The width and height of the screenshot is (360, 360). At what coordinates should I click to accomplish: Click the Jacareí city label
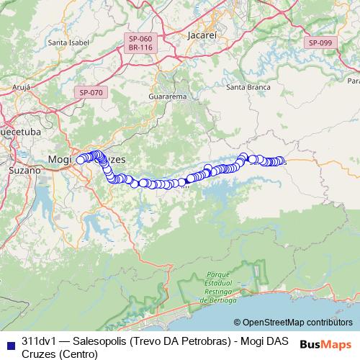pyautogui.click(x=200, y=35)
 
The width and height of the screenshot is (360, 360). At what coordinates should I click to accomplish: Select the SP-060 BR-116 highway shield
pyautogui.click(x=140, y=42)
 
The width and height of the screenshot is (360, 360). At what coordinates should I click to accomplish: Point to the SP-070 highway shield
pyautogui.click(x=91, y=92)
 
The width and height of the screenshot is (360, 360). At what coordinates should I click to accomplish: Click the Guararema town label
pyautogui.click(x=167, y=96)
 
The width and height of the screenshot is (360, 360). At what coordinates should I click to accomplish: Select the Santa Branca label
pyautogui.click(x=248, y=87)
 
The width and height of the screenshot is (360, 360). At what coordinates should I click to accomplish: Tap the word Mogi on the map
pyautogui.click(x=62, y=158)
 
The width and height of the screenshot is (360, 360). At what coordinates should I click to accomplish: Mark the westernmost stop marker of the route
pyautogui.click(x=81, y=159)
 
